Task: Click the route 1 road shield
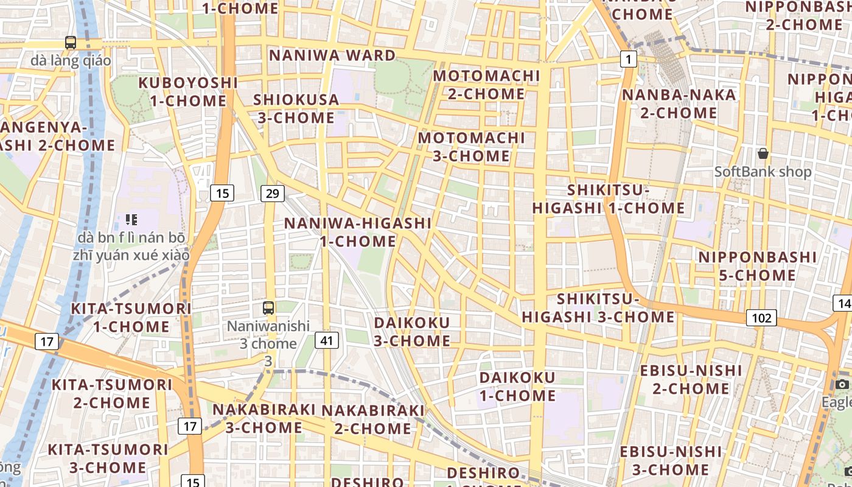(629, 59)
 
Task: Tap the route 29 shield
(272, 194)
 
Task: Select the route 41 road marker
(327, 340)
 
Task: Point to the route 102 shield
(761, 318)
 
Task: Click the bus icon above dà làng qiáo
(71, 43)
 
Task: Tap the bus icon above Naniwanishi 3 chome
(268, 308)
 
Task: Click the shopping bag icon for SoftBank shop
(763, 153)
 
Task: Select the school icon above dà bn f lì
(131, 219)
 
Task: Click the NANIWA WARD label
(332, 55)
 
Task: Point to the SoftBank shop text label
(763, 172)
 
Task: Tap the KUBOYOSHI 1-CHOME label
(187, 91)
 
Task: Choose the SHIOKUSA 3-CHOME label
(296, 108)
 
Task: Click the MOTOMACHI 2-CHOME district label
(486, 85)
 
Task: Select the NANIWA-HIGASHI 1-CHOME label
(358, 232)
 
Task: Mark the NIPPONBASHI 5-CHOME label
(757, 266)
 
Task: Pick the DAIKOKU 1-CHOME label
(517, 387)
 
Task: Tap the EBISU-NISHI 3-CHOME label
(671, 460)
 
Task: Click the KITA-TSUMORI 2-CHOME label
(112, 393)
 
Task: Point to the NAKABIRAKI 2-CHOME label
(372, 419)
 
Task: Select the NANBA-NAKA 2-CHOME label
(679, 103)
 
